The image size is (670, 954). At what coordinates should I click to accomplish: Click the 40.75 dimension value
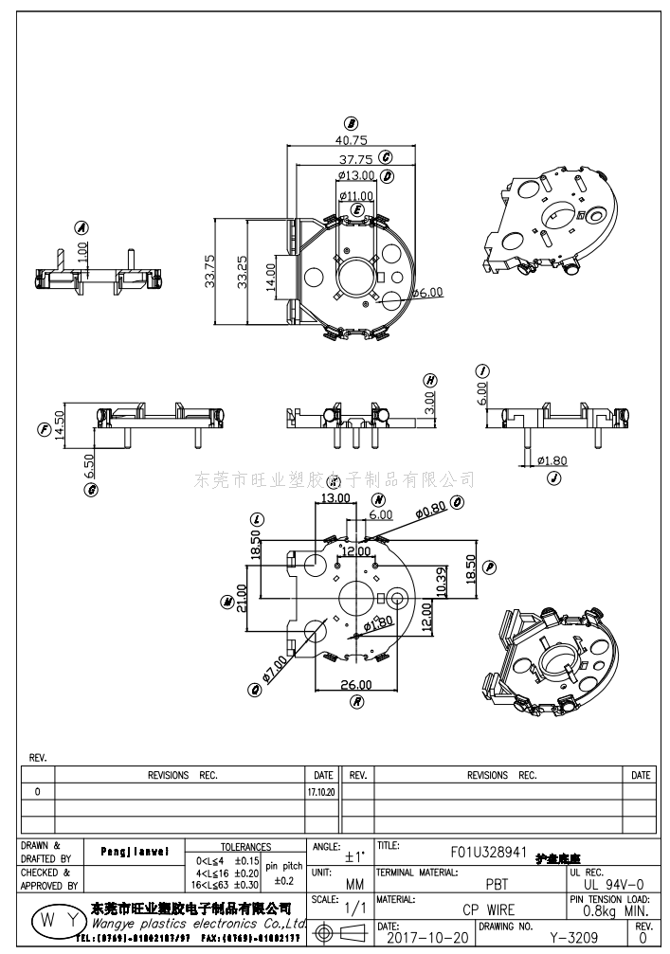click(352, 139)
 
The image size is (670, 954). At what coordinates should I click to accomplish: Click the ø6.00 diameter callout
click(426, 293)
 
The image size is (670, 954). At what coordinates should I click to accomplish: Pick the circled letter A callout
click(81, 228)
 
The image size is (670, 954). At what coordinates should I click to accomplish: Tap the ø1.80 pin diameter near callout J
click(552, 460)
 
